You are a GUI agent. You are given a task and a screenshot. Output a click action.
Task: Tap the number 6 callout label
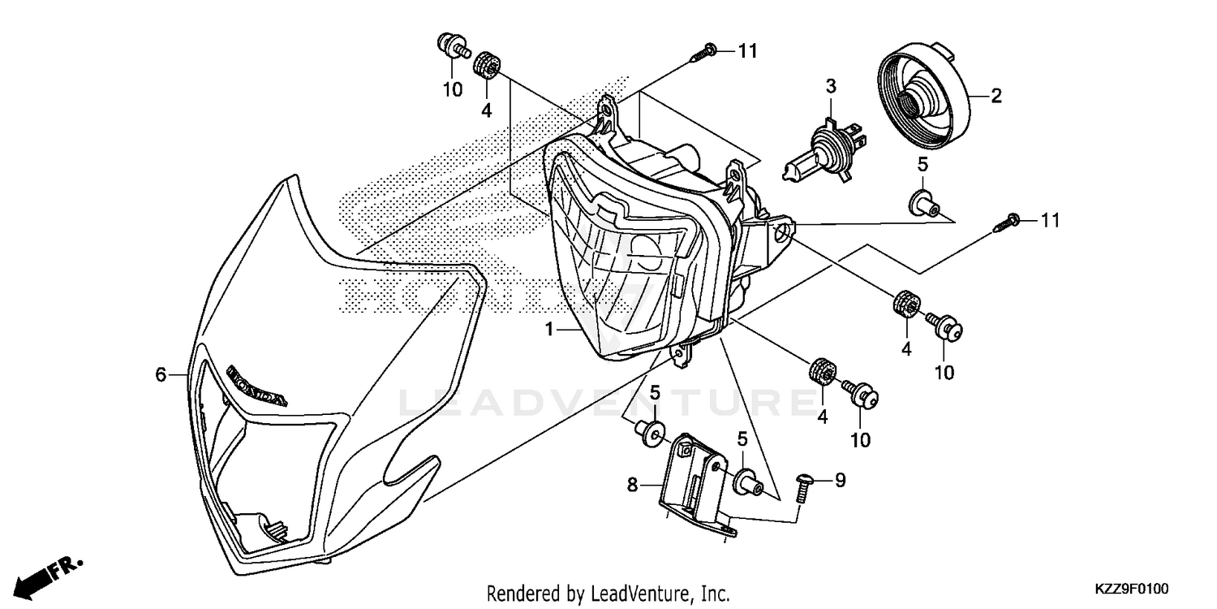point(161,374)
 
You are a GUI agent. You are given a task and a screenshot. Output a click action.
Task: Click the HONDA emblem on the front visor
point(256,384)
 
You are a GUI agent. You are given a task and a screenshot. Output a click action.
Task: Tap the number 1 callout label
point(549,329)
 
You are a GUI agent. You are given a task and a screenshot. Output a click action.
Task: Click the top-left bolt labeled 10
point(453,46)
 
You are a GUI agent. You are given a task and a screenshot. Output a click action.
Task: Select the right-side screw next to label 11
point(1007,222)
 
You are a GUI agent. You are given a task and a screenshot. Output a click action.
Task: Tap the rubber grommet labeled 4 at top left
point(487,63)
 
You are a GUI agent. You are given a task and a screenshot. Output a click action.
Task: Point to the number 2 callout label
point(996,96)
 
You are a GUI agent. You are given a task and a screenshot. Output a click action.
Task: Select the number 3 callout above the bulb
point(831,85)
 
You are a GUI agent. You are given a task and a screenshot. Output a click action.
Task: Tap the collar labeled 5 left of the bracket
point(650,432)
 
